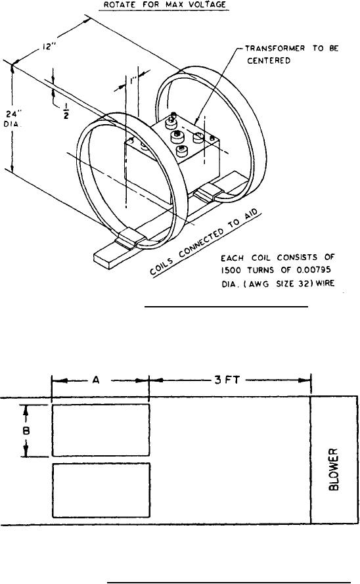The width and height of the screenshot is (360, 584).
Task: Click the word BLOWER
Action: (x=334, y=469)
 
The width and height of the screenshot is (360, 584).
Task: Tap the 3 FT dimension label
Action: (x=227, y=380)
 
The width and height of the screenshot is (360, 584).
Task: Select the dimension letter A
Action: (x=96, y=380)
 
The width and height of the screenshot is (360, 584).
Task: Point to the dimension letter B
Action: (x=26, y=430)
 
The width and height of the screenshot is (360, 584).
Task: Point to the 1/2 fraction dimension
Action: (x=66, y=112)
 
